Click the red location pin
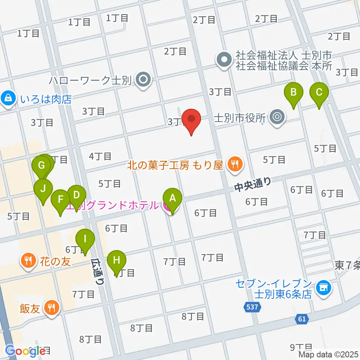pyautogui.click(x=192, y=121)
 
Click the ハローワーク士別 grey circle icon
pyautogui.click(x=143, y=79)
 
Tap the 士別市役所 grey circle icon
pyautogui.click(x=277, y=117)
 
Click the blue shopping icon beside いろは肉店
pyautogui.click(x=7, y=99)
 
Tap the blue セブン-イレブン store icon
pyautogui.click(x=323, y=288)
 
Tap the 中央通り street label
pyautogui.click(x=252, y=184)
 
